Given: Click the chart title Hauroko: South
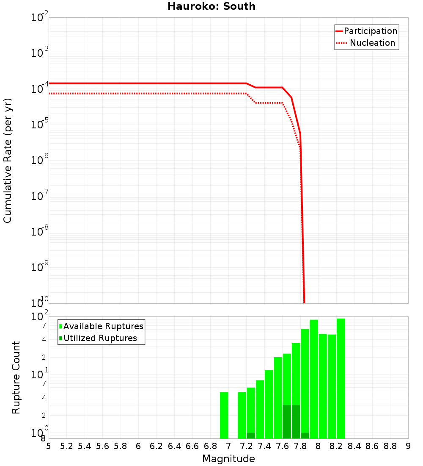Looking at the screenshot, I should [x=211, y=7].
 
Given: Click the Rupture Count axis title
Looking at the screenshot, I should [x=16, y=377].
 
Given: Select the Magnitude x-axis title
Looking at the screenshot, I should [x=228, y=459].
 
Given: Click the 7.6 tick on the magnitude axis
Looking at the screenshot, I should [x=283, y=446].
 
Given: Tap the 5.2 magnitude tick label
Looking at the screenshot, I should [x=67, y=446].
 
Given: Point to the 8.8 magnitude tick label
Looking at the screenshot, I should [x=390, y=446].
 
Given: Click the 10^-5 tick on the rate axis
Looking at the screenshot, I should [x=41, y=124].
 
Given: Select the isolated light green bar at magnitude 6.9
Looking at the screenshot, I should [x=224, y=415].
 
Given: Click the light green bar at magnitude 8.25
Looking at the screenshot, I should [x=341, y=378].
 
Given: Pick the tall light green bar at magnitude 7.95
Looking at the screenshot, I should [x=314, y=379].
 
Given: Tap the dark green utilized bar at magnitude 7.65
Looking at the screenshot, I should [x=287, y=422].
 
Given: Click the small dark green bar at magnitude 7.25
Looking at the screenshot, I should [x=251, y=435].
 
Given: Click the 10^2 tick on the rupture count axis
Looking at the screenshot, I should [x=41, y=317].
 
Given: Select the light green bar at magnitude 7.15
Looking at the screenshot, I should [x=242, y=415].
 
